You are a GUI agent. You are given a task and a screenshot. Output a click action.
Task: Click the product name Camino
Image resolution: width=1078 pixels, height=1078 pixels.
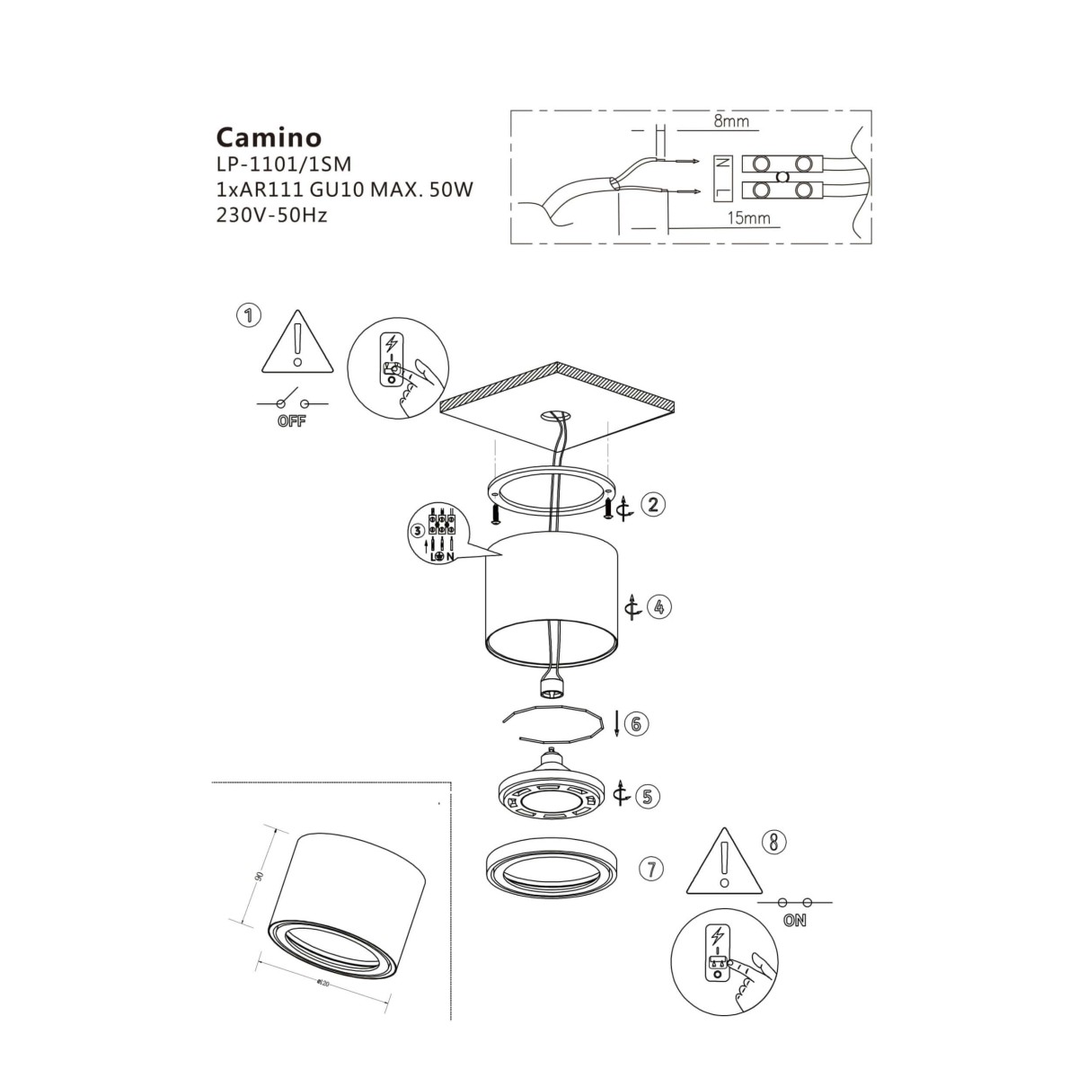point(269,137)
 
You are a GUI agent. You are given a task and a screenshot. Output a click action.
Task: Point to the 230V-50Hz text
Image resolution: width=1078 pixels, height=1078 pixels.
point(272,216)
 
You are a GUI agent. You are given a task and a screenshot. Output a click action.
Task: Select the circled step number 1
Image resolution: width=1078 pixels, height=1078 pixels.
point(248,315)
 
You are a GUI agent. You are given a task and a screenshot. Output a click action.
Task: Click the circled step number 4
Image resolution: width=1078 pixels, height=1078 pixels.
point(659,607)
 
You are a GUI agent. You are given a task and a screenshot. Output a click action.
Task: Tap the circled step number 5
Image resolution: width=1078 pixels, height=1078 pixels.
point(647,795)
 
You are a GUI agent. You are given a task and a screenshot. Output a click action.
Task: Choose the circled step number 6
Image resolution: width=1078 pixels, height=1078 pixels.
point(635,724)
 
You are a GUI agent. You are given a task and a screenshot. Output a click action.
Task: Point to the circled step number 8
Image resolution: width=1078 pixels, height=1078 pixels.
point(773,842)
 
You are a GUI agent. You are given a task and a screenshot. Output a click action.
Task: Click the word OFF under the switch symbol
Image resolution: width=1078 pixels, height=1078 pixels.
point(291,421)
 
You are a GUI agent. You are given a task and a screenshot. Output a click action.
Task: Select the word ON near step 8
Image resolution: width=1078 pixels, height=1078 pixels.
point(794,920)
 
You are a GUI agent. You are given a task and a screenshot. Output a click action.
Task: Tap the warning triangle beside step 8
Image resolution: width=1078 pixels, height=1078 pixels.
point(723,864)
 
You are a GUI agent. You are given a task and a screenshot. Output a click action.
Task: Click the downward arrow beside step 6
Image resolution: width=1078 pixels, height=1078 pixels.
point(616,724)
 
